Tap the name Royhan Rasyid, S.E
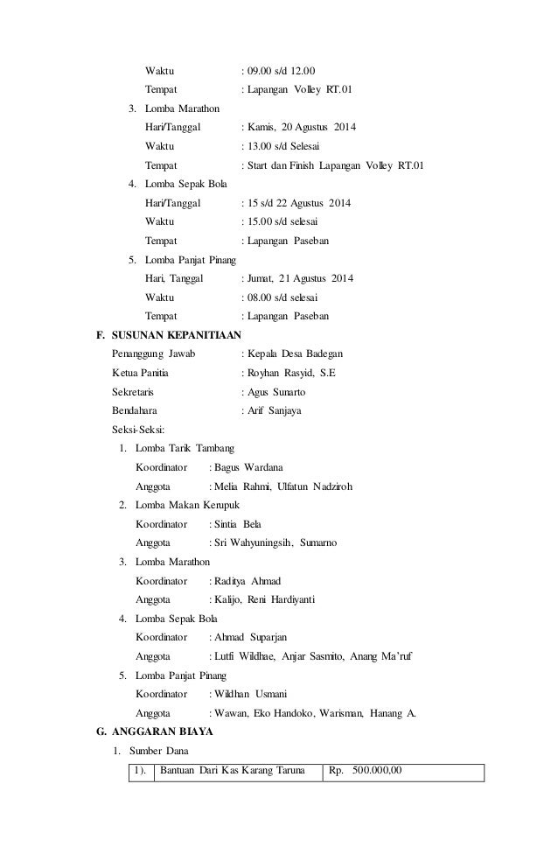[x=292, y=373]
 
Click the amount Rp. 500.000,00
[x=366, y=771]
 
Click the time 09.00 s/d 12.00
[x=282, y=70]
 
